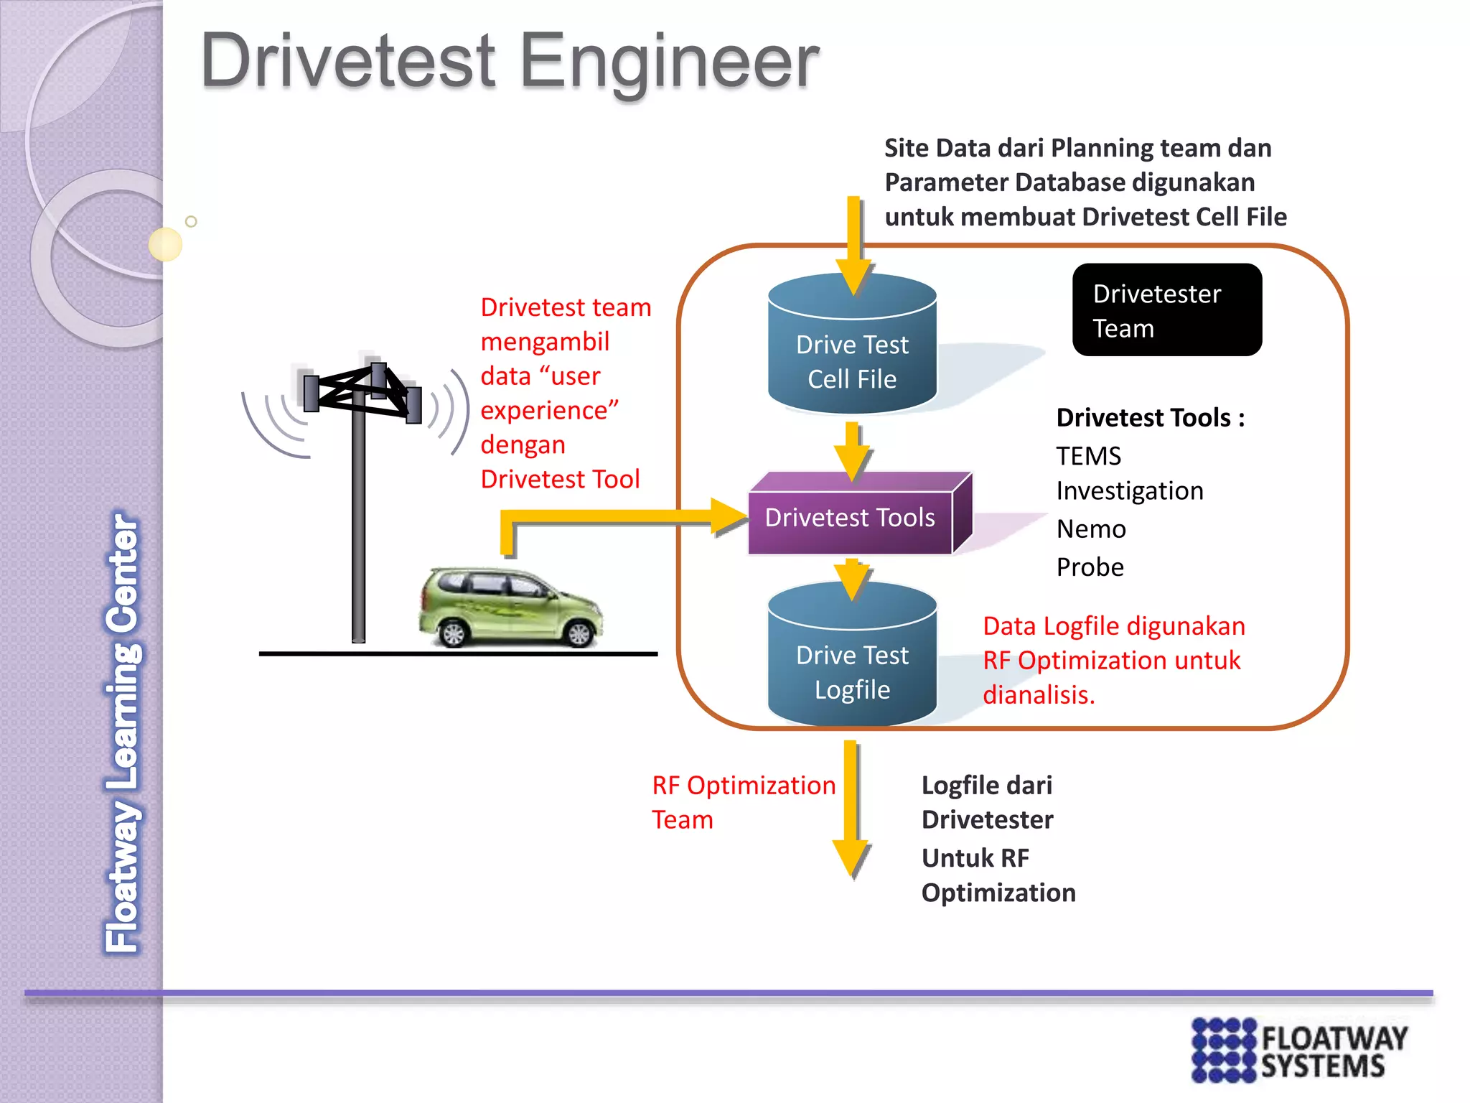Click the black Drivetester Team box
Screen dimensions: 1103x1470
pos(1166,310)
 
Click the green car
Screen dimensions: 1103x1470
pos(510,607)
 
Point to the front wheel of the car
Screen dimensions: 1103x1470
pos(579,633)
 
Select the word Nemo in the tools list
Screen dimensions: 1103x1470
pos(1091,529)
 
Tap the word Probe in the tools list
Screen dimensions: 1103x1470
pos(1090,567)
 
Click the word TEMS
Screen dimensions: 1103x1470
pos(1088,456)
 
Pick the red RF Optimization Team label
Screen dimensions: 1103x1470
pos(743,802)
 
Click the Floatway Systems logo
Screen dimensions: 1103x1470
pos(1299,1050)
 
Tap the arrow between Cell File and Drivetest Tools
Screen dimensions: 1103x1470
pos(852,452)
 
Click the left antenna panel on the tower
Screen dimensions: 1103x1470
pos(311,393)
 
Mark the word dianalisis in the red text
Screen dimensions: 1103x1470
pos(1038,695)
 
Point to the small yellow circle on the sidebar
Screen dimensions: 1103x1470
pos(166,244)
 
